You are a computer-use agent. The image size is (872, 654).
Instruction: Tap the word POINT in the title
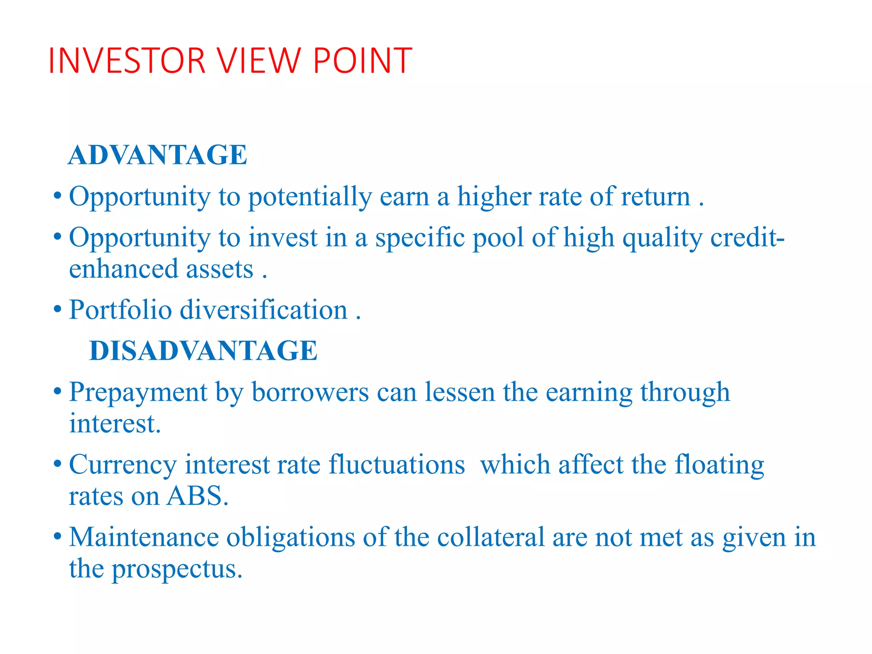(362, 60)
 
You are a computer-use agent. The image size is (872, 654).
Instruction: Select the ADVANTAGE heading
(158, 155)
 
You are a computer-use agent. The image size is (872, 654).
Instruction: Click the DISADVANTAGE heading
(204, 351)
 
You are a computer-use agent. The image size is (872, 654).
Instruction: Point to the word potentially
(310, 197)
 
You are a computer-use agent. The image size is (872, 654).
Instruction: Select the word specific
(420, 238)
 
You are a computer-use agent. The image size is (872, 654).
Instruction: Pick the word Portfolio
(120, 310)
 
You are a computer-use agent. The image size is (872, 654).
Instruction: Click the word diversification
(264, 310)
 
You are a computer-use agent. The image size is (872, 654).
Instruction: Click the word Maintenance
(144, 537)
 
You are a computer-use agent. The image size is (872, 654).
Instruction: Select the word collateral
(491, 537)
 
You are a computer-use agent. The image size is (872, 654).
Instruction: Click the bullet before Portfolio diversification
(58, 310)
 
